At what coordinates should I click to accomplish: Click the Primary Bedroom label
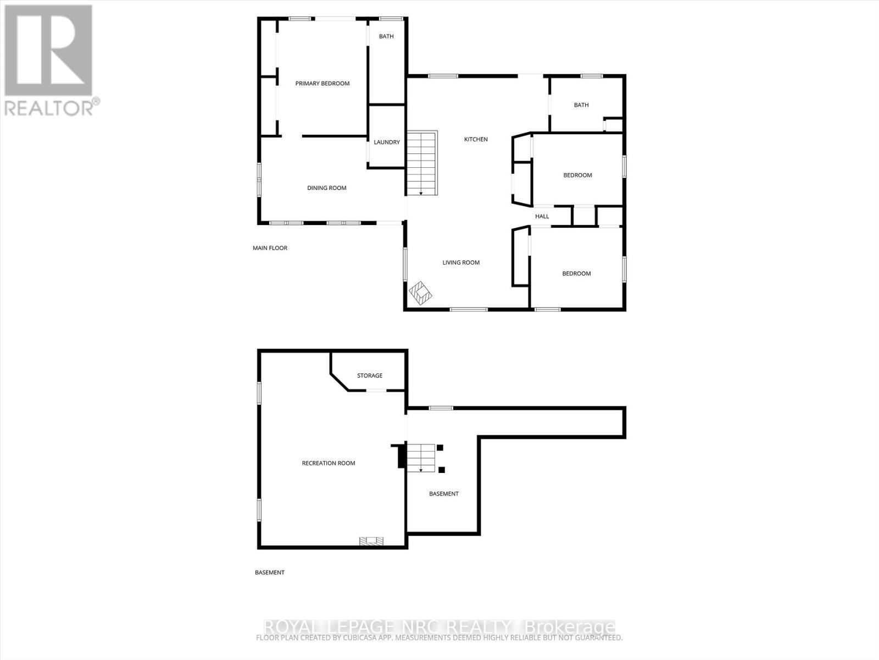(322, 84)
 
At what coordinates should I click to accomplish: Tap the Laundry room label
(387, 142)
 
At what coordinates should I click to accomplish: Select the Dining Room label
(326, 188)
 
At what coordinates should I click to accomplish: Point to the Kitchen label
(476, 139)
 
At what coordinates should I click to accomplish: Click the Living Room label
(461, 262)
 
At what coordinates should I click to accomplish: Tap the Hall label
(542, 216)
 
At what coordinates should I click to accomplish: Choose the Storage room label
(370, 376)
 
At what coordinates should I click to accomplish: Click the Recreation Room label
(329, 463)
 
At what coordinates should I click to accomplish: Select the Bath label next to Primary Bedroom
(386, 36)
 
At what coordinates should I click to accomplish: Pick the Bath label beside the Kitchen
(581, 105)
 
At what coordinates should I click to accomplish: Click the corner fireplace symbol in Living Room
(421, 293)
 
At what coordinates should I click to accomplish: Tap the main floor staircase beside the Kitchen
(421, 163)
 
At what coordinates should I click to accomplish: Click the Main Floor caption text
(270, 248)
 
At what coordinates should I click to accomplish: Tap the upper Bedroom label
(577, 175)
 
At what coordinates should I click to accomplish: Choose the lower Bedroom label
(576, 273)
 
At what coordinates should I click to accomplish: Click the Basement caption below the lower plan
(270, 573)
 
